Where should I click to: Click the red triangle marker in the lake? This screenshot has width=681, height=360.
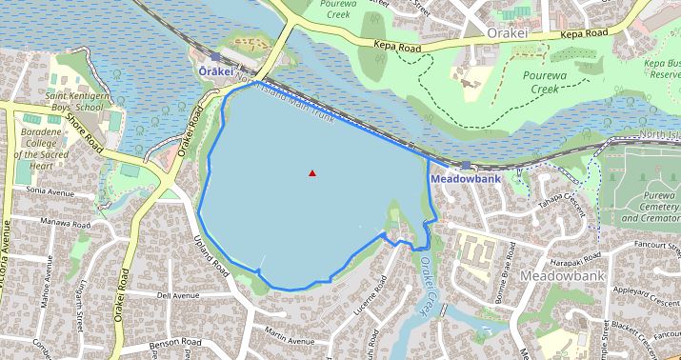click(312, 172)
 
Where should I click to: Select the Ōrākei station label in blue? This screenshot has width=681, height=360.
click(214, 71)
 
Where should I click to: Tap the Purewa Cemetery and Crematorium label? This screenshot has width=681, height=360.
click(651, 210)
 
